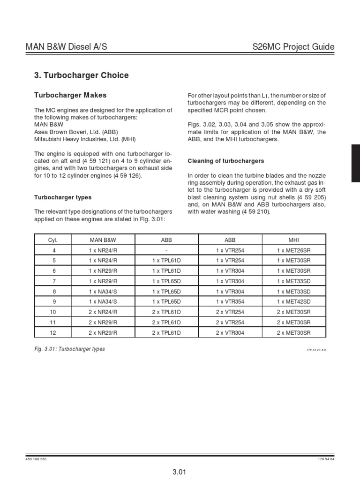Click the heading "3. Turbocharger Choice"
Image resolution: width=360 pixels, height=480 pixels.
[82, 75]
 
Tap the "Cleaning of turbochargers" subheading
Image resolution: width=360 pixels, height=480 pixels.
[225, 161]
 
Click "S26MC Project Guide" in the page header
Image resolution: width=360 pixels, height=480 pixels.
[293, 47]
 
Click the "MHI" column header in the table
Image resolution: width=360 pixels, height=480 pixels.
[294, 240]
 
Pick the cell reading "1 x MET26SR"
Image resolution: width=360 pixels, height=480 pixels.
[294, 250]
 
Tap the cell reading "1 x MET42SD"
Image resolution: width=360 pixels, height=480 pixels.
[294, 301]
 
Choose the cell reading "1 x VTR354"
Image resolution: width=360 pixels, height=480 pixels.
[230, 301]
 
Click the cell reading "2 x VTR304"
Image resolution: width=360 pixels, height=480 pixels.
[230, 332]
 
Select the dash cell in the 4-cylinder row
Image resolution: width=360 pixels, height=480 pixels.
[166, 250]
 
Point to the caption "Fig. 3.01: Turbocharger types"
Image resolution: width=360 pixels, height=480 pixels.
[70, 349]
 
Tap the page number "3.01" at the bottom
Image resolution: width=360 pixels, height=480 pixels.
[180, 471]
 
